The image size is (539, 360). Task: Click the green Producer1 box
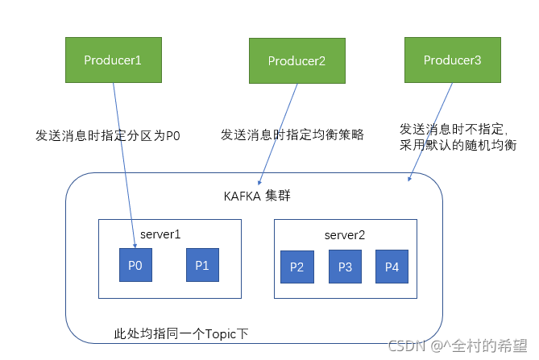coord(112,59)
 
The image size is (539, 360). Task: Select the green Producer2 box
coord(296,61)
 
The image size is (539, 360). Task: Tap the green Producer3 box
coord(452,59)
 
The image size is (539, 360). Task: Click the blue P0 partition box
coord(135,265)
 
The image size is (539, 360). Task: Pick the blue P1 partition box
coord(201,265)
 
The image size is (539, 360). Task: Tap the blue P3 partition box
coord(345,267)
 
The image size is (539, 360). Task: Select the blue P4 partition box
coord(392,267)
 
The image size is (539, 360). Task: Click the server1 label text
coord(160,233)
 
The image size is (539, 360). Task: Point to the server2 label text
coord(345,234)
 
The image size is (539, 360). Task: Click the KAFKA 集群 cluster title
coord(256,197)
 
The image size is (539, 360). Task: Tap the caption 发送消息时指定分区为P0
coord(108,135)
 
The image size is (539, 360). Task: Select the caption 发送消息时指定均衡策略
coord(292,134)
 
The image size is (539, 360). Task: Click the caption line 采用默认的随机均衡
coord(458,145)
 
